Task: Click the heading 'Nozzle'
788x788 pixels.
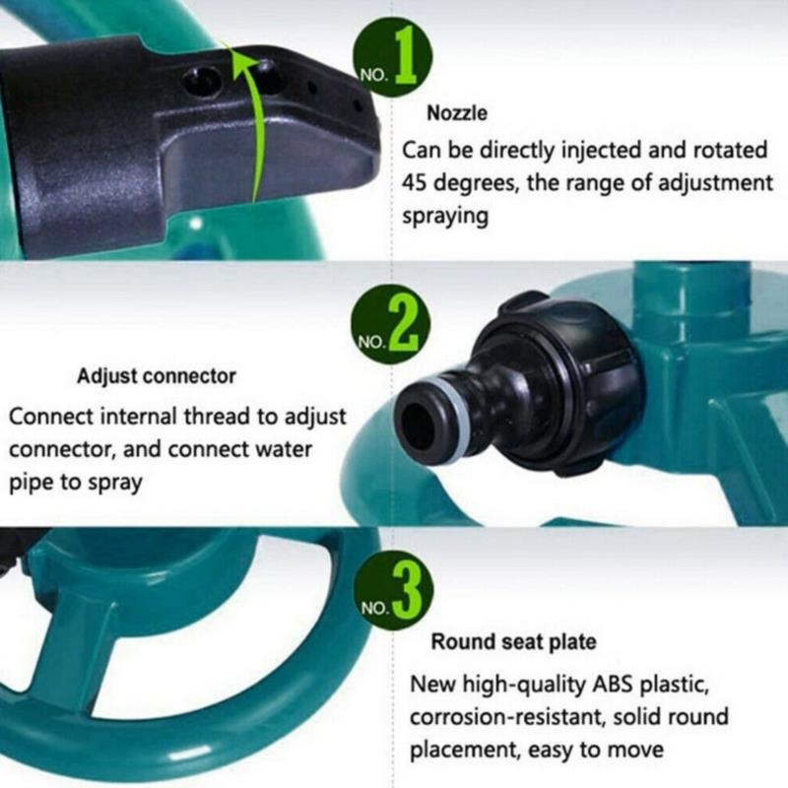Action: pos(457,113)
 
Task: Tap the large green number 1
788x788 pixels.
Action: pos(406,56)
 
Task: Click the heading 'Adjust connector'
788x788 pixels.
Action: pos(157,376)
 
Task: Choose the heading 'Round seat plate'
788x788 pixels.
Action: pos(513,642)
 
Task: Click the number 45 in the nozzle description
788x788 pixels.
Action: pos(414,183)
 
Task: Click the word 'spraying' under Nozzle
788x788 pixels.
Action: pos(445,217)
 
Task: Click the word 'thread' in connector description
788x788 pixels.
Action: pos(217,417)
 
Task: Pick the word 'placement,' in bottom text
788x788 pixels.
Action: pos(465,751)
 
